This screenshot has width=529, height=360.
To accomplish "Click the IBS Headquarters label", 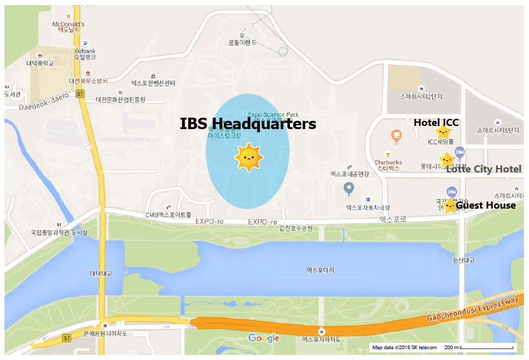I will point(247,123).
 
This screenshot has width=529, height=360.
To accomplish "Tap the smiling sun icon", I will point(248,156).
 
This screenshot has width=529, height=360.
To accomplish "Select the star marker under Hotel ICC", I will point(443,132).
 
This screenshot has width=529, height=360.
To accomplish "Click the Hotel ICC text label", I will point(436,122).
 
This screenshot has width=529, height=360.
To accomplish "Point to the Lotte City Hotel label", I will point(483,169).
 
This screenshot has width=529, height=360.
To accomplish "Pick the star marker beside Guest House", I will point(450,205).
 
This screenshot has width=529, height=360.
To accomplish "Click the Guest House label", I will point(486,205).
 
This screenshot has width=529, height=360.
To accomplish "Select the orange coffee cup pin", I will point(396,135).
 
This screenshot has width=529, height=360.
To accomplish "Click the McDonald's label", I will point(67,25).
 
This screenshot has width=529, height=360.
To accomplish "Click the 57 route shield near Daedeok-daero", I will point(79,93).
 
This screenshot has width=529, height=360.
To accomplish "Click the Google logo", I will point(263,338).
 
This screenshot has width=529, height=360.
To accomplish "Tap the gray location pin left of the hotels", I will point(348,188).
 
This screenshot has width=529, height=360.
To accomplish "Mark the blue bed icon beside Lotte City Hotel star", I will point(460,152).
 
